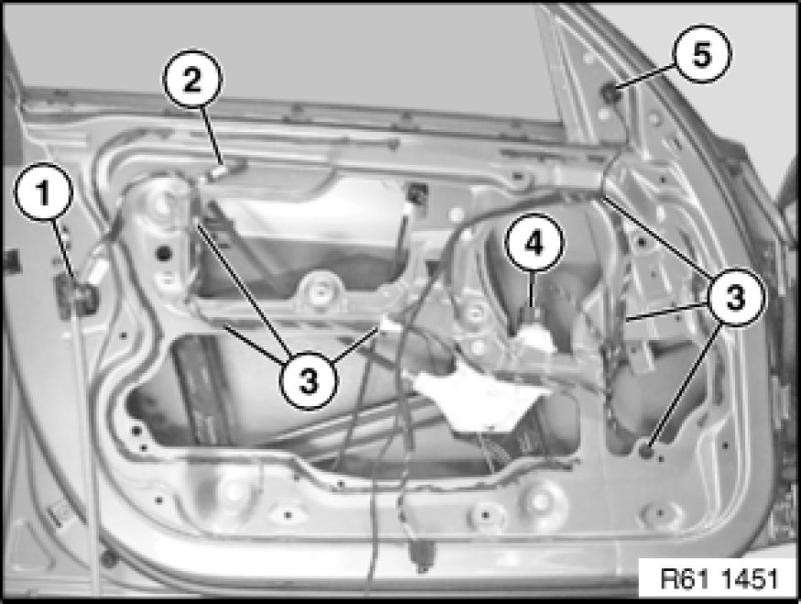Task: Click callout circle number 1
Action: click(43, 192)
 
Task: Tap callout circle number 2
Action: click(192, 79)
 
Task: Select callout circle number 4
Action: click(535, 243)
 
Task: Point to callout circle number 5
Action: click(702, 54)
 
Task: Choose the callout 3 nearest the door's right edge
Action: click(736, 297)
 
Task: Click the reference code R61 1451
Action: click(719, 579)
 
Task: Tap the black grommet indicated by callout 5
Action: click(611, 93)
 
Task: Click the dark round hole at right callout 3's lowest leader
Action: click(647, 451)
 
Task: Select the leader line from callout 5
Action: click(646, 77)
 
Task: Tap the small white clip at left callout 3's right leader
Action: click(385, 324)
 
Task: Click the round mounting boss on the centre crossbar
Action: click(319, 291)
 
